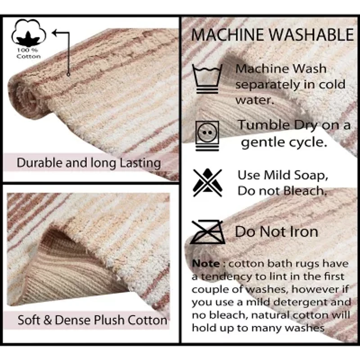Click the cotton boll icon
tap(28, 32)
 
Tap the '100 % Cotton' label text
tap(28, 53)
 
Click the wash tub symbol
tap(207, 79)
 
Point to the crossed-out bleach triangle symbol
tap(207, 182)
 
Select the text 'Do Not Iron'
tap(276, 232)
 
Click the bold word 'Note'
tap(206, 263)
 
